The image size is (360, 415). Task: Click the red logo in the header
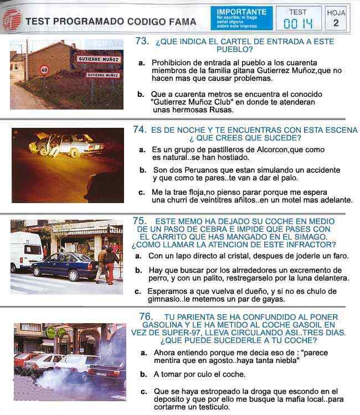coord(12,19)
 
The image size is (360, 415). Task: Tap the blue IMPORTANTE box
coord(241,18)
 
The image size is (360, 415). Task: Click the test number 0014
coord(299,24)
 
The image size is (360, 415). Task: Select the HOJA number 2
coord(336,23)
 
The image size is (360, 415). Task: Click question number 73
coord(142,41)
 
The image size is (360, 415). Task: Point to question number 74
coord(140,129)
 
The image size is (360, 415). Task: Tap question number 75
coord(140,221)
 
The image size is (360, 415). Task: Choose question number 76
coord(146,317)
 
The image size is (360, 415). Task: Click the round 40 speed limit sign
coord(44,70)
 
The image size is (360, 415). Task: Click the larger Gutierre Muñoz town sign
coord(99,59)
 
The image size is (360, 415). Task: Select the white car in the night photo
coord(67,146)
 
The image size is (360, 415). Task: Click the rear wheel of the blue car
coord(73,275)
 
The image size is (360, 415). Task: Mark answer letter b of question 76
coord(143,374)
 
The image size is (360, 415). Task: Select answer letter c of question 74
coord(141,193)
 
